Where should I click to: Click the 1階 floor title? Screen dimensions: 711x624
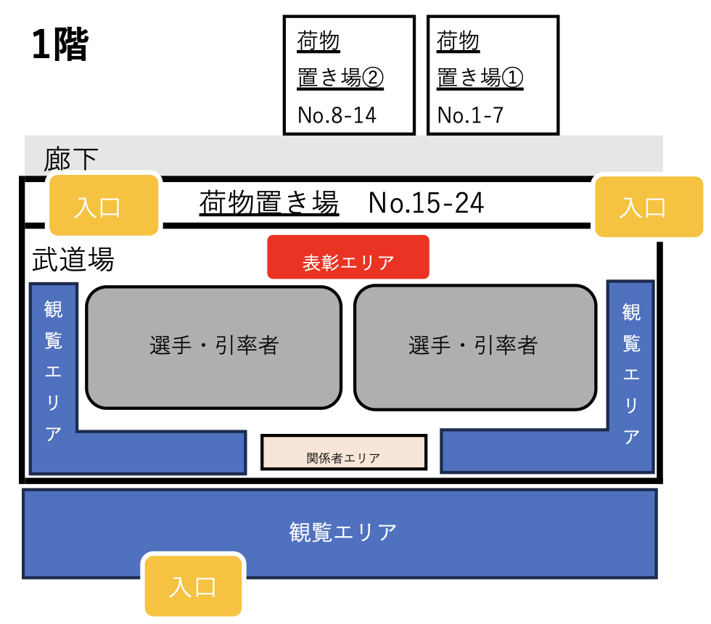coord(59,44)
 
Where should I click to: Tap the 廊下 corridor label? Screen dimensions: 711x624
coord(71,159)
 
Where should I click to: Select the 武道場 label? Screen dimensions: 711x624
coord(73,259)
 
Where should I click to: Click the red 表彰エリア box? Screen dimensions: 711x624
coord(348,257)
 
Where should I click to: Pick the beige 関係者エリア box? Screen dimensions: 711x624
coord(344,452)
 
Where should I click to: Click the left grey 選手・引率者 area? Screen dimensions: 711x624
coord(213,348)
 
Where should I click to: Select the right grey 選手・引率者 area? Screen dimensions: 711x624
coord(474,348)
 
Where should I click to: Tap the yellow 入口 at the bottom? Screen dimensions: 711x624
coord(193,586)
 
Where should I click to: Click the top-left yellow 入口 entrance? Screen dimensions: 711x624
coord(104,205)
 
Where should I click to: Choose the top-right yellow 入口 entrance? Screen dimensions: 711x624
coord(649,207)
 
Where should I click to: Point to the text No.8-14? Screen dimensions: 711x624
coord(337,115)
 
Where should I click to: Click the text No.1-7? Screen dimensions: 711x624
coord(470,115)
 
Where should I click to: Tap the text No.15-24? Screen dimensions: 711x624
coord(427,202)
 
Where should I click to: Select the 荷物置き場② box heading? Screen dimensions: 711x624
coord(340,59)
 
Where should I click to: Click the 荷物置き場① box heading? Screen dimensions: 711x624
coord(480,59)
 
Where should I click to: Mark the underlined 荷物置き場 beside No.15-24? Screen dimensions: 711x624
coord(269,202)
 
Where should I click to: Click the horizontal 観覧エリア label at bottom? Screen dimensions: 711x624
coord(343,533)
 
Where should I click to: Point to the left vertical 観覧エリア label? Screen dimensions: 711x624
coord(53,371)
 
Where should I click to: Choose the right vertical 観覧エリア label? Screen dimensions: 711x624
coord(631,374)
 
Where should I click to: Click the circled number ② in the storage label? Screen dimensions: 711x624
coord(373,78)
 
